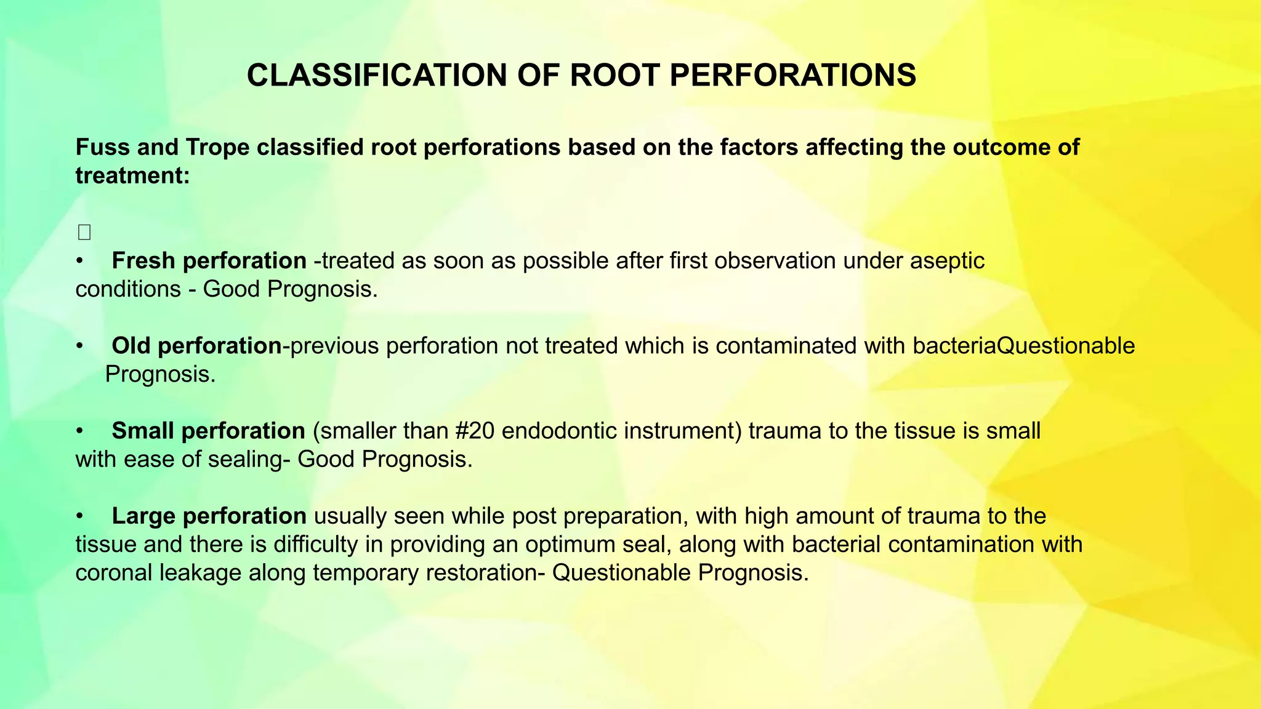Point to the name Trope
tap(217, 148)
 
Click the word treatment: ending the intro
tap(132, 176)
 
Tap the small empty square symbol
tap(84, 233)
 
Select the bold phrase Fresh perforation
tap(209, 261)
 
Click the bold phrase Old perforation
tap(196, 346)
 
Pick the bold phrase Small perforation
tap(208, 431)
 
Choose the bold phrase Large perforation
tap(209, 516)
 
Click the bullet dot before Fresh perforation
tap(79, 262)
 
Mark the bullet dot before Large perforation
tap(79, 516)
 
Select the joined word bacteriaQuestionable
tap(1023, 346)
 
